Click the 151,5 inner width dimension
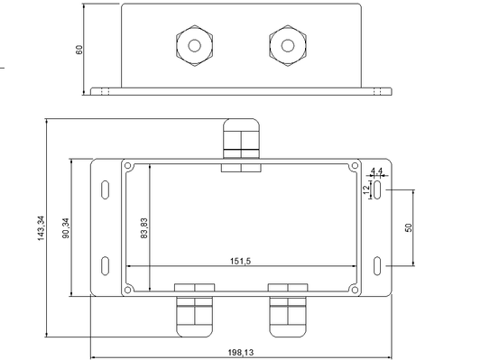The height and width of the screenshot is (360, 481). point(240,261)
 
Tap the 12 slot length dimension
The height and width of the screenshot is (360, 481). point(365,189)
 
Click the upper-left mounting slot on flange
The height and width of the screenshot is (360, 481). point(106,190)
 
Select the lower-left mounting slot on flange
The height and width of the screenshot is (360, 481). point(106,265)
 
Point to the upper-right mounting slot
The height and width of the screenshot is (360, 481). point(377,190)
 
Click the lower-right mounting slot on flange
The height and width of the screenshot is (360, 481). point(377,265)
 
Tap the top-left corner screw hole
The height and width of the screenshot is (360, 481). point(128,166)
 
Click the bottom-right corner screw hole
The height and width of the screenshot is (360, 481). point(354,290)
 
